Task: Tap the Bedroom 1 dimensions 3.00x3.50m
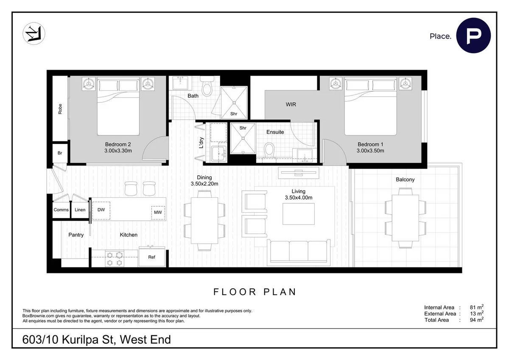pos(370,151)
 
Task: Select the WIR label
pos(291,104)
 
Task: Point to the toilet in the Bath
pos(207,88)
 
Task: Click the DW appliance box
pos(101,210)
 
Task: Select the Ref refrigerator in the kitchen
pos(152,256)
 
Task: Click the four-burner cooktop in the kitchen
pos(115,259)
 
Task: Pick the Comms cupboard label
pos(61,210)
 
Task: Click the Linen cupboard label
pos(80,210)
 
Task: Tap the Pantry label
pos(76,235)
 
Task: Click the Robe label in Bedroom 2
pos(60,110)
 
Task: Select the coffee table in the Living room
pos(299,214)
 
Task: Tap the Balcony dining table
pos(405,217)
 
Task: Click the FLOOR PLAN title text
pos(255,292)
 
